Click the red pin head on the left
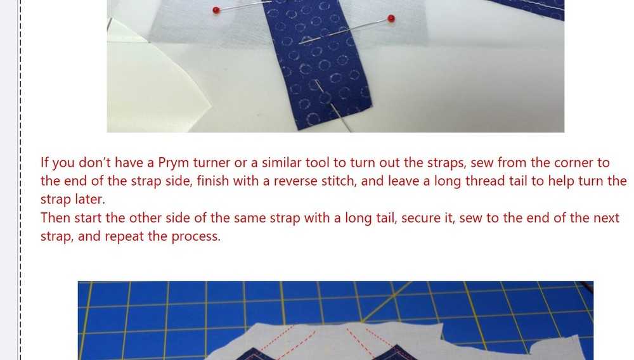coord(216,10)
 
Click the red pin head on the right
coord(391,18)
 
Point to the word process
coord(197,238)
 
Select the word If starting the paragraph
coord(45,162)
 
